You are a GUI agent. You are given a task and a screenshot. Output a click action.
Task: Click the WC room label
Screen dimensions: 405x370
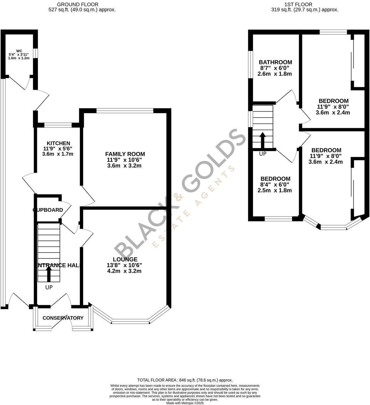pos(19,51)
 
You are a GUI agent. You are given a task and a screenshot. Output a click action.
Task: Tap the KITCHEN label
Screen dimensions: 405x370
pos(58,143)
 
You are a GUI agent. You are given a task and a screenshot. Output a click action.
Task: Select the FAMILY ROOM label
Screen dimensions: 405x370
pos(125,154)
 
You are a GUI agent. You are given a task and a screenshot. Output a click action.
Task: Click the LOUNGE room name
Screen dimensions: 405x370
pos(125,260)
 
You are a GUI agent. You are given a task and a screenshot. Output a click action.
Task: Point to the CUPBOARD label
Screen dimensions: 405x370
pos(48,210)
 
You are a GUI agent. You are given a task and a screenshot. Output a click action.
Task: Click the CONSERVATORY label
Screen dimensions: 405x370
pos(63,318)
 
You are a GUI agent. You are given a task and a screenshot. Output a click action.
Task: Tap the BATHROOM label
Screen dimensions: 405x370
pos(275,62)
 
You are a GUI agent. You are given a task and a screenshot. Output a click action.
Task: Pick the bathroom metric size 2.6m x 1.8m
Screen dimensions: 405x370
pos(274,74)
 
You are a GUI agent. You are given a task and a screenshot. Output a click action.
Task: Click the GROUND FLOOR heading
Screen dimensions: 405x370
pos(78,4)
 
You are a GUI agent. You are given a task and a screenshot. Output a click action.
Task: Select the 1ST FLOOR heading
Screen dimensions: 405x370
pos(298,4)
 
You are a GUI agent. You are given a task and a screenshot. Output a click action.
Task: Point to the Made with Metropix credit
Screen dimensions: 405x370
pos(185,403)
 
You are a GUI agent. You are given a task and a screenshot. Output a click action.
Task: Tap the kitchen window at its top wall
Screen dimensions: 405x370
pos(58,125)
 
